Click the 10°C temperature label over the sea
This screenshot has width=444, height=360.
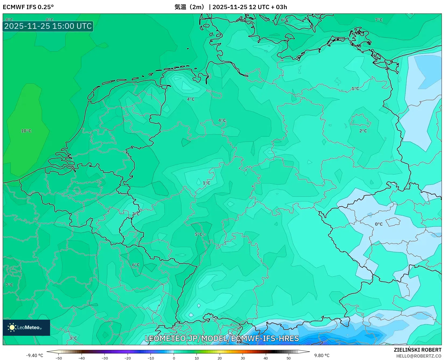pos(26,131)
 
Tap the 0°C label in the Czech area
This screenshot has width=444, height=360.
pos(379,224)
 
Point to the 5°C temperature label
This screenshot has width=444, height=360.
pos(198,234)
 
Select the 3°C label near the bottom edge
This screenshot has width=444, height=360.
pos(73,338)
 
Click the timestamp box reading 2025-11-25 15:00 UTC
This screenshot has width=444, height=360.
pos(48,26)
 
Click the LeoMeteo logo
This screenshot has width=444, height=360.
pos(26,327)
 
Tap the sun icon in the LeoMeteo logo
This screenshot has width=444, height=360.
pos(12,327)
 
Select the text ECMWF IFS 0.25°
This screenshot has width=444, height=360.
pos(28,7)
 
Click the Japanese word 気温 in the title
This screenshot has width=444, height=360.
pos(180,7)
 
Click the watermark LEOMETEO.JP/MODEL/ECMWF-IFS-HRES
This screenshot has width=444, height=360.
pos(222,338)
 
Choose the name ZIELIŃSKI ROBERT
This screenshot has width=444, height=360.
pos(418,350)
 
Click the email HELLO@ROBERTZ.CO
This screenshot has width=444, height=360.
pos(419,356)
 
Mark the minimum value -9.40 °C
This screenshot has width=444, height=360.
pos(34,355)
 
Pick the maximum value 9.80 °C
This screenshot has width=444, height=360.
pos(322,355)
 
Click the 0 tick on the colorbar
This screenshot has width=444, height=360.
pos(174,358)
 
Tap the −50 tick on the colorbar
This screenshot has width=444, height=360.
pos(58,358)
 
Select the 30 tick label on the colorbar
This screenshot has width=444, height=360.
pos(243,358)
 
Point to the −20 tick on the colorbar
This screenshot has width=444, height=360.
pos(128,358)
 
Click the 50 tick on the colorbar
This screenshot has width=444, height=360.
pos(289,358)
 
